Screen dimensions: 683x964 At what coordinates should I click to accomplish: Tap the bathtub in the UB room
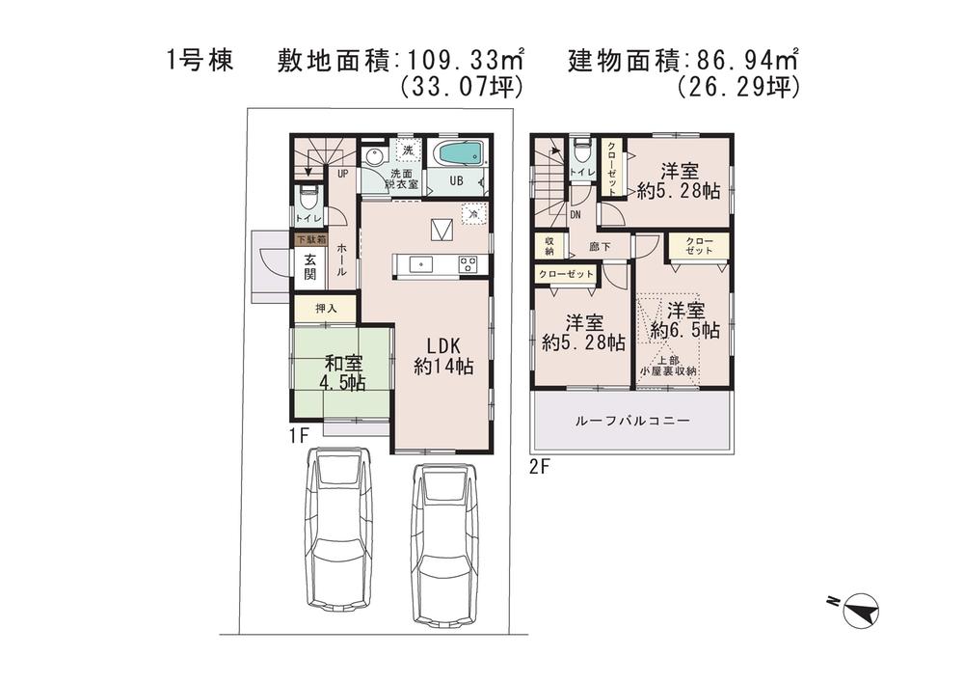[457, 153]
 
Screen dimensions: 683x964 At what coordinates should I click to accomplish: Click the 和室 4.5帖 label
[344, 372]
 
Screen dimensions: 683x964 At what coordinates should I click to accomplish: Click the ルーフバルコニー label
[631, 422]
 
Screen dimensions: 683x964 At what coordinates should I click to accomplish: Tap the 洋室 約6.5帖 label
[684, 320]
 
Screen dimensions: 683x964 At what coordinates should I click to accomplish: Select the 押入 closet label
[325, 309]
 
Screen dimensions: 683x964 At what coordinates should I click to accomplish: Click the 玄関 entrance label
[310, 266]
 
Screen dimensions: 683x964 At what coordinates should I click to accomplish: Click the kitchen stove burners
[469, 264]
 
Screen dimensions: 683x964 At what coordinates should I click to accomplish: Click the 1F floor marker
[298, 436]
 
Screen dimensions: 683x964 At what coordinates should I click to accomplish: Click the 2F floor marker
[539, 468]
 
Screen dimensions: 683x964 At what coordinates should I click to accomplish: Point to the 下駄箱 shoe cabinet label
[309, 238]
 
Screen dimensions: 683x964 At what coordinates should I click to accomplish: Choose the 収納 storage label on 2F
[549, 247]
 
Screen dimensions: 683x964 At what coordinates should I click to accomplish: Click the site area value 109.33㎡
[463, 61]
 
